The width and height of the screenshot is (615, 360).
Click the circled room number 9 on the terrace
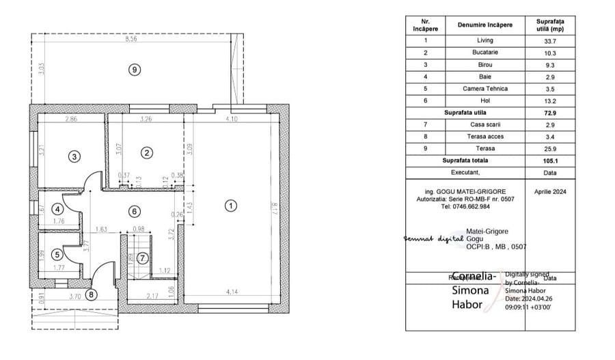pyautogui.click(x=135, y=69)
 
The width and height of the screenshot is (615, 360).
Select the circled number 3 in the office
pyautogui.click(x=74, y=156)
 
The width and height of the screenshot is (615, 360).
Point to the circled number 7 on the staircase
pyautogui.click(x=141, y=258)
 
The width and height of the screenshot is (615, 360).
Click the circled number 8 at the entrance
pyautogui.click(x=92, y=295)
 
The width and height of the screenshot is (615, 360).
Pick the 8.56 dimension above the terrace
pyautogui.click(x=131, y=40)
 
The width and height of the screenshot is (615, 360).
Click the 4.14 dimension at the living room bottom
pyautogui.click(x=234, y=292)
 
